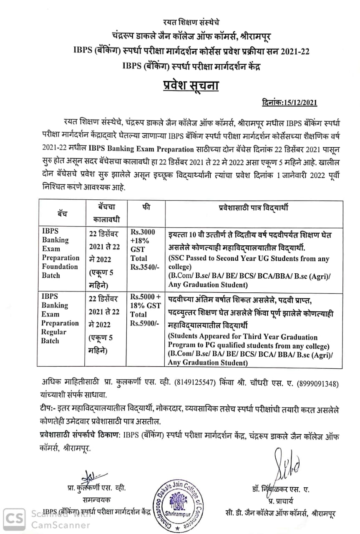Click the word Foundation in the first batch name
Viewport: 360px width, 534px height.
coord(60,267)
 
